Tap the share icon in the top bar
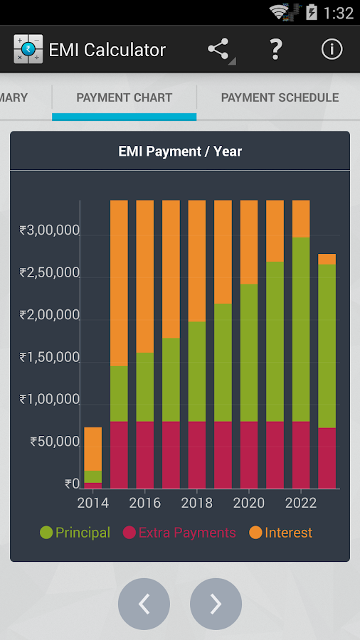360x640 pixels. coord(219,49)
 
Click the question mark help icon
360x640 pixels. coord(275,49)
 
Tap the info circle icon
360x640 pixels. coord(332,49)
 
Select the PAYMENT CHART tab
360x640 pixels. coord(125,97)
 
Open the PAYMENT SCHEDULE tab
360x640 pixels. coord(280,97)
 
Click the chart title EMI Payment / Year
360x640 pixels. coord(180,151)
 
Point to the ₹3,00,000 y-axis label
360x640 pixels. coord(50,230)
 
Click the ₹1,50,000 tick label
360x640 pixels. coord(50,357)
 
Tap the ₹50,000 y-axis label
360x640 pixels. coord(55,442)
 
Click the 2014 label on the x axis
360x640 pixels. coord(92,503)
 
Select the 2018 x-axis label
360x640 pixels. coord(197,503)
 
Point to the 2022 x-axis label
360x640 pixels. coord(301,503)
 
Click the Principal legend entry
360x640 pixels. coord(75,533)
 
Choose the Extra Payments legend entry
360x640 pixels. coord(179,533)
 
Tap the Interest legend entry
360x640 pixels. coord(281,533)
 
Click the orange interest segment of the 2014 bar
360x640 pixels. coord(92,448)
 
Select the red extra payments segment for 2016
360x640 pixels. coord(145,455)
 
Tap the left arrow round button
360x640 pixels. coord(144,604)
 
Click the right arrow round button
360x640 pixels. coord(216,604)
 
